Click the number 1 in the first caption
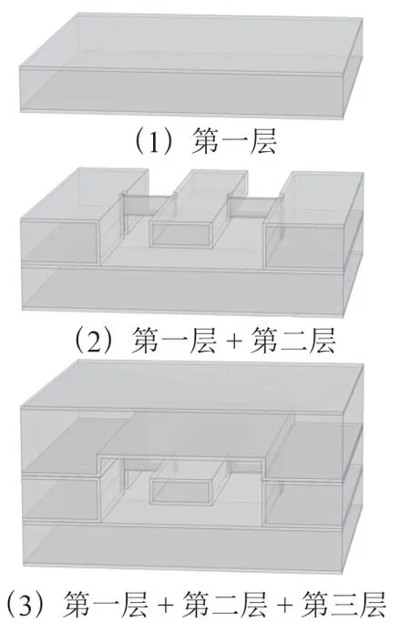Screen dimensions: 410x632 pyautogui.click(x=154, y=142)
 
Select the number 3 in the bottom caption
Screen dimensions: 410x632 pyautogui.click(x=25, y=604)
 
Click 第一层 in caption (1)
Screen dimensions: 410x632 pyautogui.click(x=234, y=141)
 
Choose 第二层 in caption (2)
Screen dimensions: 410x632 pyautogui.click(x=292, y=341)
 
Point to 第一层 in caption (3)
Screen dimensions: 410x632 pyautogui.click(x=105, y=604)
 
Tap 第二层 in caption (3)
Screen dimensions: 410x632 pyautogui.click(x=224, y=604)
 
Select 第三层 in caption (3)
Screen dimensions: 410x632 pyautogui.click(x=343, y=604)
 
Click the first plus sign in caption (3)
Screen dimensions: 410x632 pyautogui.click(x=165, y=604)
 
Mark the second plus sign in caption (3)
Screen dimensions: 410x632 pyautogui.click(x=284, y=604)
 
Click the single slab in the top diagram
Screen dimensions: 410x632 pyautogui.click(x=191, y=66)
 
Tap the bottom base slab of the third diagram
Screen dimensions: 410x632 pyautogui.click(x=183, y=546)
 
